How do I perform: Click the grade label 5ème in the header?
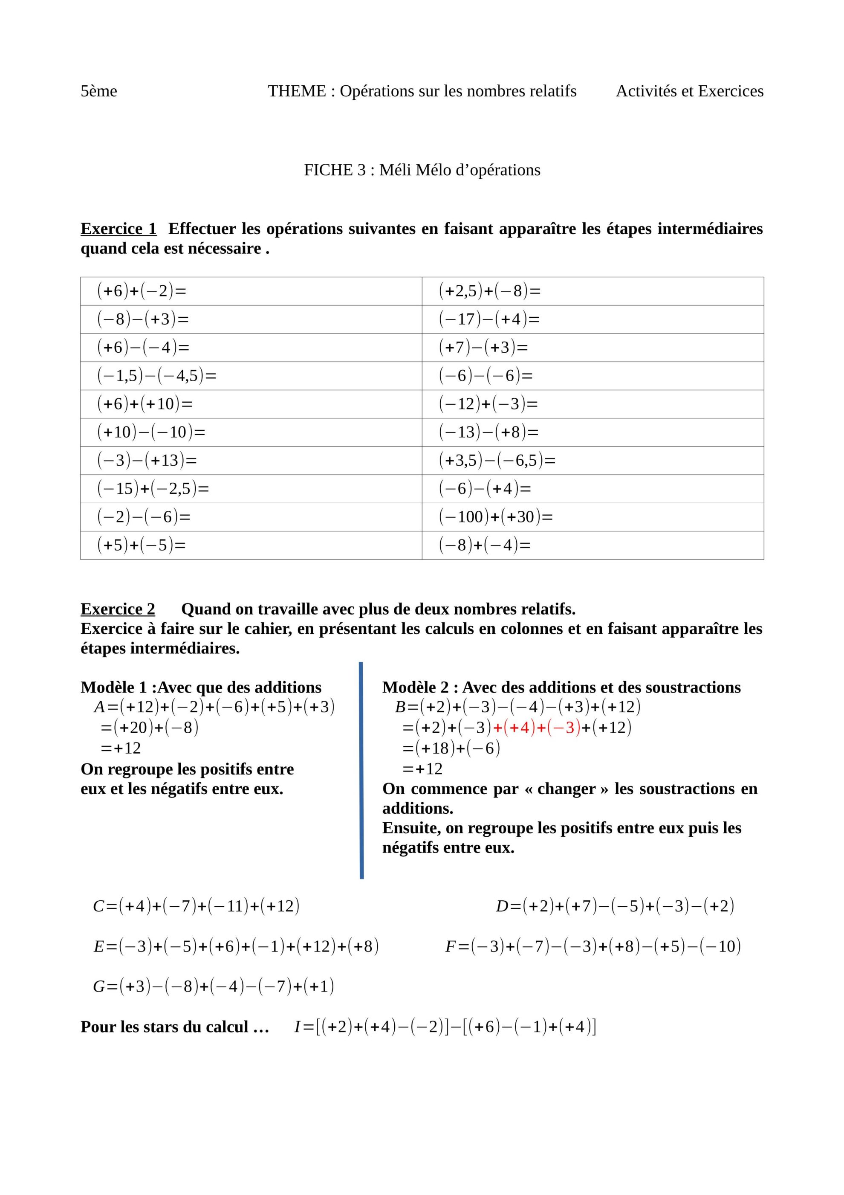pos(99,91)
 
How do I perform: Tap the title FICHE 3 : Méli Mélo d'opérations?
pos(422,170)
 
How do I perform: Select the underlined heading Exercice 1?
pos(118,229)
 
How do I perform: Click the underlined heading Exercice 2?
pos(118,609)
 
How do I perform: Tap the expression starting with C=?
pos(196,906)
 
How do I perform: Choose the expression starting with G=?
pos(213,986)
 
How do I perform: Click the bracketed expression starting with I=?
pos(445,1027)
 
